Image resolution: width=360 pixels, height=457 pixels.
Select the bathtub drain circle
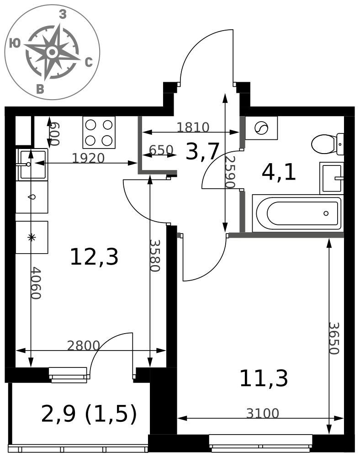coord(326,213)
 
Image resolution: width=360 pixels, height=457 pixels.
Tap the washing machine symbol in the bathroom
coord(261,128)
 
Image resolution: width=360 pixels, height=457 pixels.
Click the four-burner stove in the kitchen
coord(99,133)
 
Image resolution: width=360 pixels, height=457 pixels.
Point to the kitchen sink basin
coord(32,165)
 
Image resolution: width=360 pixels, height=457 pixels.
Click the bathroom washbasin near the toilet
coord(332,178)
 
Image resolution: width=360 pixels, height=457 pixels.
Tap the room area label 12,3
coord(94,257)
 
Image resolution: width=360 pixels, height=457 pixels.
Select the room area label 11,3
coord(264,378)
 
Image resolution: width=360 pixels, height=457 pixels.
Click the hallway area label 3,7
coord(202,151)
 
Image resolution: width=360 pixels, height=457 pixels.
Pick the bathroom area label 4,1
coord(279,172)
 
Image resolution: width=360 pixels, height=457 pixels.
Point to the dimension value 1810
coord(193,128)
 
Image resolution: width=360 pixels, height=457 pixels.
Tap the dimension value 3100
coord(263,413)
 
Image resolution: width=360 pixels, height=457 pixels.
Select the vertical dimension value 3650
coord(334,338)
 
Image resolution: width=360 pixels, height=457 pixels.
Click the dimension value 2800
coord(84,345)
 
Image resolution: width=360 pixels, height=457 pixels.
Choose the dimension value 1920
coord(88,158)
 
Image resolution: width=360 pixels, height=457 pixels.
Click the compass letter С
coord(89,62)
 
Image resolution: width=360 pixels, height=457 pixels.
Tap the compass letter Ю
coord(15,43)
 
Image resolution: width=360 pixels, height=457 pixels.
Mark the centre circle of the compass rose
coord(52,53)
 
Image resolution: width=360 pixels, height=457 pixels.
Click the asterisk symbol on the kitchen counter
coord(32,237)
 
